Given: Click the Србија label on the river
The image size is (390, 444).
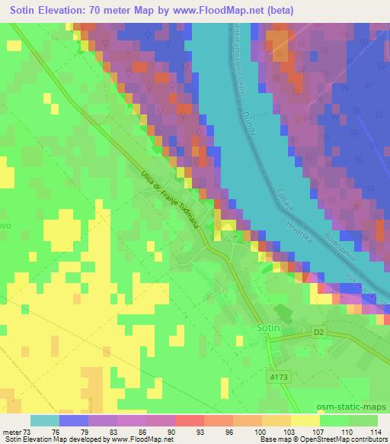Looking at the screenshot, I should click(284, 181).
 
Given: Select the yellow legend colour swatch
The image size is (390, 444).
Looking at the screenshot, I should click(305, 420).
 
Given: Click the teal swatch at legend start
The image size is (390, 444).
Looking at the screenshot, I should click(44, 420).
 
